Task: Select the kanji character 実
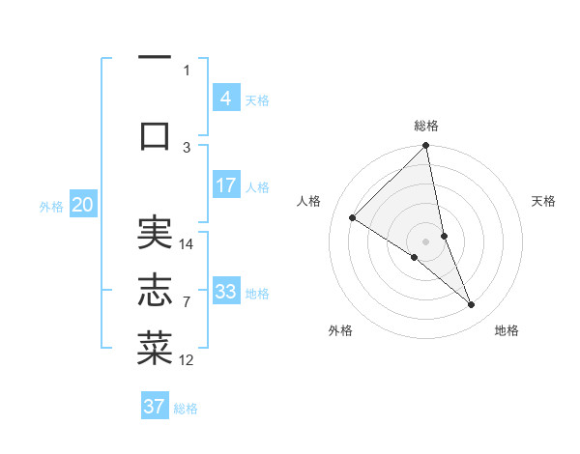[155, 232]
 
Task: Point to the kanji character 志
[155, 291]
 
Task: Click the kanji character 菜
[155, 348]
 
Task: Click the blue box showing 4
[225, 99]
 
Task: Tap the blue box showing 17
[225, 185]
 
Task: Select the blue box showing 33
[225, 292]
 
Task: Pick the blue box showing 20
[82, 205]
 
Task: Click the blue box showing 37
[154, 407]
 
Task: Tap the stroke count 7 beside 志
[186, 302]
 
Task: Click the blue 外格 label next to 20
[51, 206]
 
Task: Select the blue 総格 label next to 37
[186, 409]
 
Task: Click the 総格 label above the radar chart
[426, 126]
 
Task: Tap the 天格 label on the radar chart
[544, 201]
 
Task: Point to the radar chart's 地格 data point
[472, 305]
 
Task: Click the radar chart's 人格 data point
[353, 218]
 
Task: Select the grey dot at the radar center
[426, 240]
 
